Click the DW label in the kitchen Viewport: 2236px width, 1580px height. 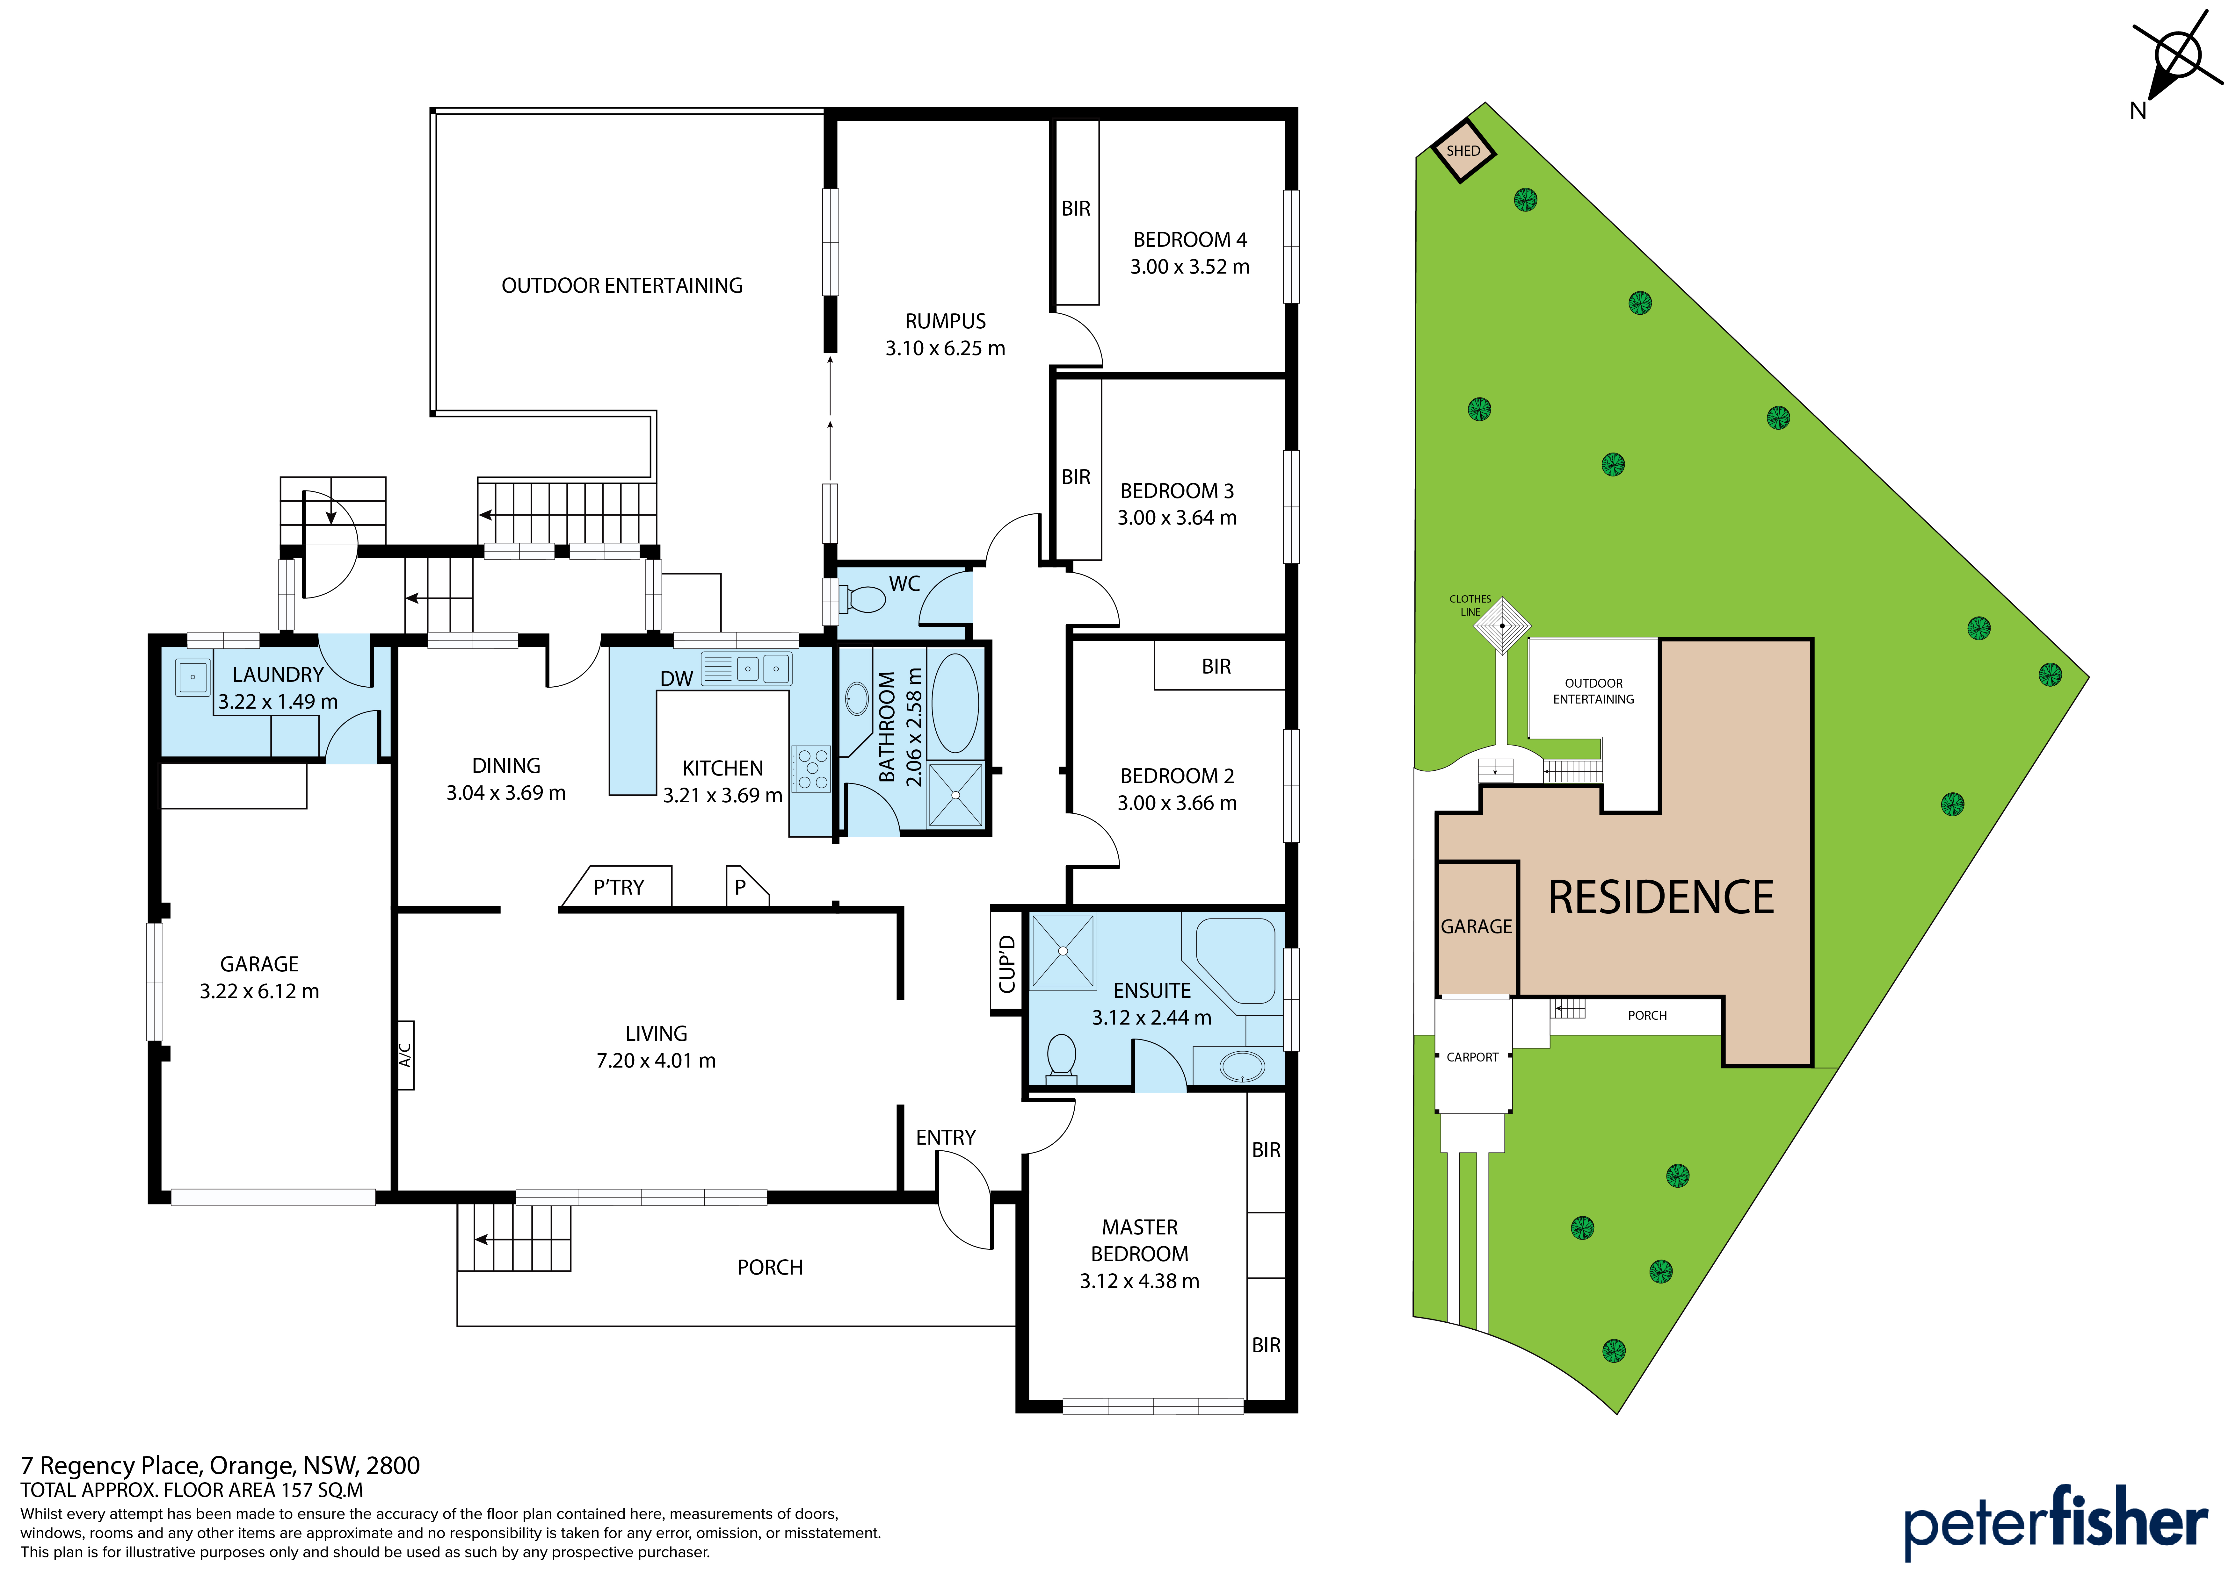(x=677, y=679)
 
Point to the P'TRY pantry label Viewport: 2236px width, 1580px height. (x=618, y=887)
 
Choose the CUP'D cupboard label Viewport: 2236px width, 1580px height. (x=1007, y=964)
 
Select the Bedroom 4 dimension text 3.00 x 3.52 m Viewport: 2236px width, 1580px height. (x=1189, y=267)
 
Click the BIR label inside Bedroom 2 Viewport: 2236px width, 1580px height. (x=1216, y=667)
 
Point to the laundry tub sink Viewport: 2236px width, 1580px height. (x=193, y=676)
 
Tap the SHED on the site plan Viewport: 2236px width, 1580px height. (x=1463, y=151)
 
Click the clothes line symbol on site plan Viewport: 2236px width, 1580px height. (x=1503, y=625)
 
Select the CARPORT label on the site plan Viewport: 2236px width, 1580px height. (x=1472, y=1057)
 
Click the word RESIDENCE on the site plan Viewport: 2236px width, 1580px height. (x=1661, y=897)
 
